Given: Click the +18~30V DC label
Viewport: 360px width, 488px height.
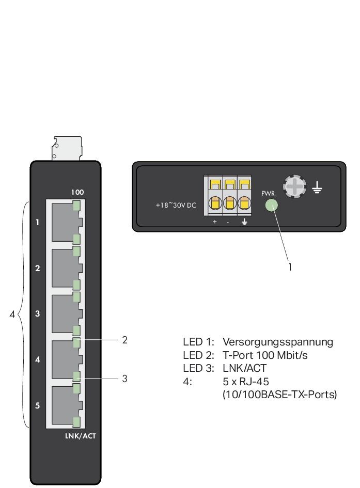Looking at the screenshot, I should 176,206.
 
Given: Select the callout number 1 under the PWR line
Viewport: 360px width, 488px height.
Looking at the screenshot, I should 290,267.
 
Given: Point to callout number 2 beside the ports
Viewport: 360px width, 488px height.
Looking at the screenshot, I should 124,340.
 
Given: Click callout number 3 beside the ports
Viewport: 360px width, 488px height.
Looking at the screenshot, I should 124,379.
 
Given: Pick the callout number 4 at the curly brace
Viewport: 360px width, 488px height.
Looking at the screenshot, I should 12,314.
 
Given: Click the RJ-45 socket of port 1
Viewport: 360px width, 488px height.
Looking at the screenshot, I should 64,223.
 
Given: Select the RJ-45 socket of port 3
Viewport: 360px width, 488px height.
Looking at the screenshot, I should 64,314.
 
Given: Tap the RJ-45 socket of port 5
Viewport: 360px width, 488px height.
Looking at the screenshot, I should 64,405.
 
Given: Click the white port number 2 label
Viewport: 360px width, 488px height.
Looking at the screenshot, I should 37,269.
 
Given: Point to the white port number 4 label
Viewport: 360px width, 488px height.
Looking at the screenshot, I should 37,360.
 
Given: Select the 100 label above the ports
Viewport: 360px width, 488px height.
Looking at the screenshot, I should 77,192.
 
